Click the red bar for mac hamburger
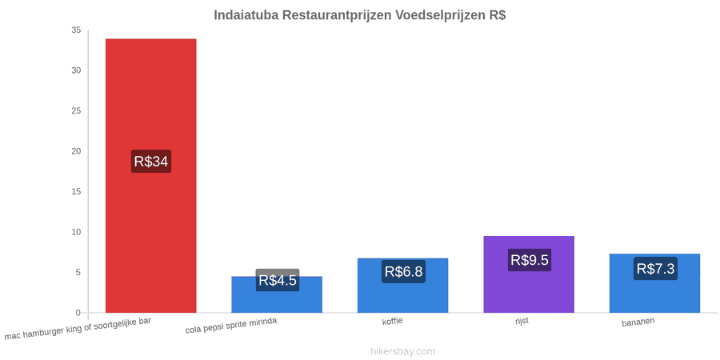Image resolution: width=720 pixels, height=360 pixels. click(x=151, y=176)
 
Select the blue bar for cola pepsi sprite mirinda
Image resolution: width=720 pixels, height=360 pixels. click(x=277, y=294)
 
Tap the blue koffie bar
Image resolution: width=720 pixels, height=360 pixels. click(x=402, y=286)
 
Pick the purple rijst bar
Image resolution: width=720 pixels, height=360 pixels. click(x=529, y=274)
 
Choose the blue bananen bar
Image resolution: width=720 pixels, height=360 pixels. click(x=654, y=283)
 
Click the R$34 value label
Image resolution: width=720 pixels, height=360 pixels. click(x=151, y=161)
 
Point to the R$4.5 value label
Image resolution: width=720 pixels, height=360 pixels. click(x=278, y=280)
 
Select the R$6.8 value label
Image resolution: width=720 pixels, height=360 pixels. click(x=404, y=271)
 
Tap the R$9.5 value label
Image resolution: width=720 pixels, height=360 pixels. click(x=530, y=260)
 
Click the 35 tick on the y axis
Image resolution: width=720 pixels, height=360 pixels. click(x=76, y=30)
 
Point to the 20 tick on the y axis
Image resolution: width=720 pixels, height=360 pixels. click(x=76, y=151)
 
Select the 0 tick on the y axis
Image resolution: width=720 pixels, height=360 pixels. click(x=78, y=313)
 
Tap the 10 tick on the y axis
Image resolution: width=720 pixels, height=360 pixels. click(x=76, y=232)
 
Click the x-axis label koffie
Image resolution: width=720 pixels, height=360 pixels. click(x=393, y=321)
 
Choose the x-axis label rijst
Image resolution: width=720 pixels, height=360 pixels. click(x=522, y=321)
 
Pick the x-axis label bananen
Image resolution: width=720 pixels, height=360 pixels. click(x=638, y=322)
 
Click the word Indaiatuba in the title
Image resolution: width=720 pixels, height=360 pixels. click(x=246, y=15)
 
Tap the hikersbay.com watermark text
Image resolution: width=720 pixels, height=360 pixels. click(x=402, y=352)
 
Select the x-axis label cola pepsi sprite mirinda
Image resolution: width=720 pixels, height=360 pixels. click(x=231, y=326)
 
